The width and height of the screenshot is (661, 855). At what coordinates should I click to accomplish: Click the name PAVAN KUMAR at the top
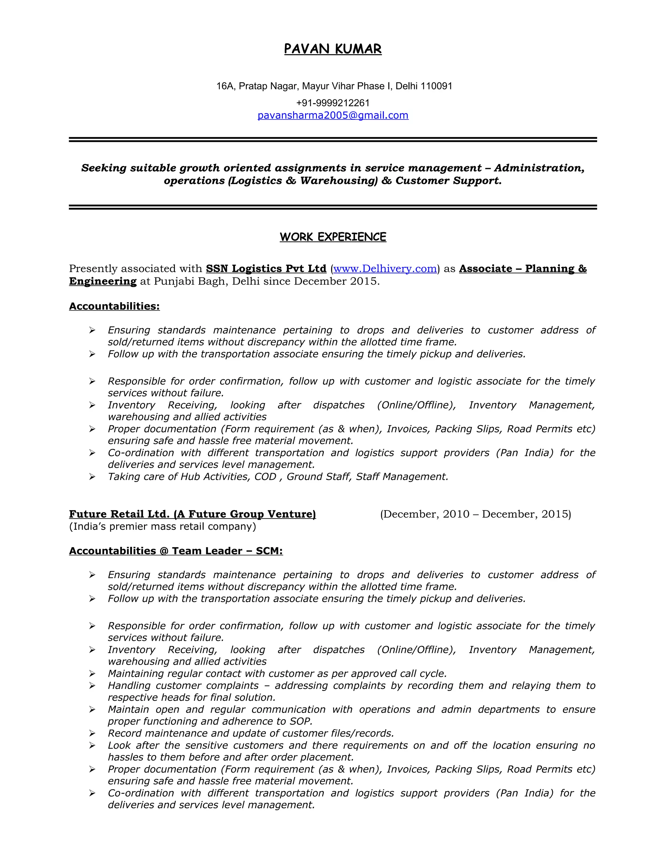[x=332, y=49]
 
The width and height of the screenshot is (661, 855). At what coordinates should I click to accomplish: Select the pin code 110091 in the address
[x=436, y=86]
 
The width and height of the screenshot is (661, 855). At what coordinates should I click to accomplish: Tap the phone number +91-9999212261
[x=332, y=103]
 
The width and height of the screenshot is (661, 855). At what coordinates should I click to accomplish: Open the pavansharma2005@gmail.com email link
[x=332, y=115]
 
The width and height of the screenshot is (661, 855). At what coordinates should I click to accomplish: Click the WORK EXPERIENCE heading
[x=332, y=237]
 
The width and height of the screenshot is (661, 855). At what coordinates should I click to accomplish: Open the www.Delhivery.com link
[x=385, y=268]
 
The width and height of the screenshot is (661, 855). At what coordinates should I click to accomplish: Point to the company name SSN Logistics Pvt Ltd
[x=266, y=268]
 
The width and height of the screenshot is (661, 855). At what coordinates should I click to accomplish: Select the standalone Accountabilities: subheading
[x=114, y=306]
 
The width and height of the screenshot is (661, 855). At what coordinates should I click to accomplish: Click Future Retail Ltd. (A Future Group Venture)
[x=192, y=514]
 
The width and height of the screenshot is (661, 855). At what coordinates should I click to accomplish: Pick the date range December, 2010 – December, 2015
[x=475, y=514]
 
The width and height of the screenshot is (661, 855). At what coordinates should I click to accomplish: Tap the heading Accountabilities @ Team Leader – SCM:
[x=176, y=551]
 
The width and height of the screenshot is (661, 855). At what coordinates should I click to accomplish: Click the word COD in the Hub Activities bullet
[x=265, y=477]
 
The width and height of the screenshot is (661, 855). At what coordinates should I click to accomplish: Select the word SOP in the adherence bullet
[x=301, y=721]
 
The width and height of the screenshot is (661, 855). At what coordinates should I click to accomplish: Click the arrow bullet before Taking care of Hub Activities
[x=92, y=477]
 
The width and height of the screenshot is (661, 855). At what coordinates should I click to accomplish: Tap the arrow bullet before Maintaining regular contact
[x=92, y=674]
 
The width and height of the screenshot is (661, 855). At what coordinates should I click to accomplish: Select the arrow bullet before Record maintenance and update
[x=92, y=733]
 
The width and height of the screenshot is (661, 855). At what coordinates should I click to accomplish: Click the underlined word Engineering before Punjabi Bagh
[x=103, y=281]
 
